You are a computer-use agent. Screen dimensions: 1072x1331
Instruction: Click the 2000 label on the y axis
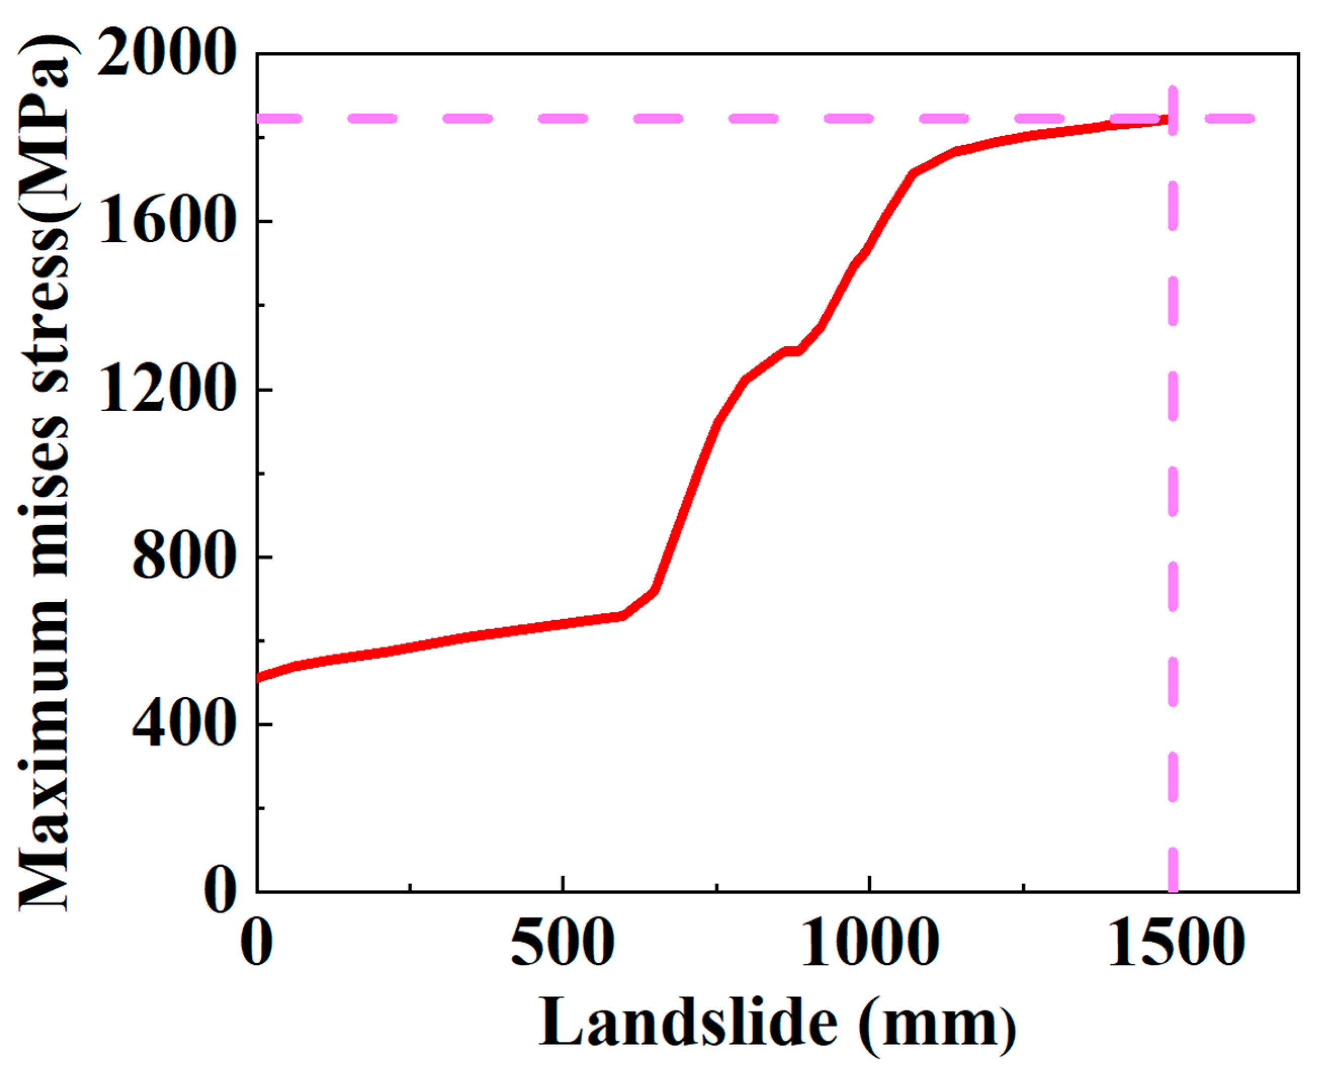point(165,56)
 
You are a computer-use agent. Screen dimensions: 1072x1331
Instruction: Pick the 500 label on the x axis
point(562,944)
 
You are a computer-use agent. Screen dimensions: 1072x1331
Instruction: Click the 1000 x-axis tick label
point(869,944)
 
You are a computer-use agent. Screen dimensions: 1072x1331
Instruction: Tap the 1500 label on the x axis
point(1176,944)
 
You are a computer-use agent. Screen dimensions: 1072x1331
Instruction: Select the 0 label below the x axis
point(256,944)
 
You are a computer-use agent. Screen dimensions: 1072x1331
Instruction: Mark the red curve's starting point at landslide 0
point(258,677)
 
